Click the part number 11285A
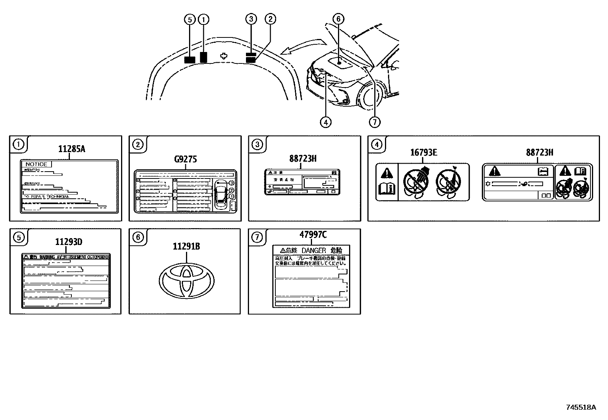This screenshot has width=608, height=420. click(71, 149)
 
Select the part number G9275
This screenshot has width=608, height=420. click(185, 159)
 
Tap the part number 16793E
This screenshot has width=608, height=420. click(424, 152)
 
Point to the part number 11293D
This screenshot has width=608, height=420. click(69, 242)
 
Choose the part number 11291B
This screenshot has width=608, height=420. click(186, 246)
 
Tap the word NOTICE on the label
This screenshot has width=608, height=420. click(36, 164)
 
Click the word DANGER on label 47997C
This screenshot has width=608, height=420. click(314, 250)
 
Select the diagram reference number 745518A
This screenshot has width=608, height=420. click(581, 407)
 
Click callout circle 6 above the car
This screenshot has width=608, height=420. click(338, 19)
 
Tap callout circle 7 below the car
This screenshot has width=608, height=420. click(375, 122)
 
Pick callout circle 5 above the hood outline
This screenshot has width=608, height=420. click(190, 19)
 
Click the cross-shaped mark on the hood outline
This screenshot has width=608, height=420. click(224, 56)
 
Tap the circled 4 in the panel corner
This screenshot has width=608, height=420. click(377, 144)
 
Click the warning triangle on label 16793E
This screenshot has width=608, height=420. click(387, 173)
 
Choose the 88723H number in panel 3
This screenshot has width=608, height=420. click(303, 158)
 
